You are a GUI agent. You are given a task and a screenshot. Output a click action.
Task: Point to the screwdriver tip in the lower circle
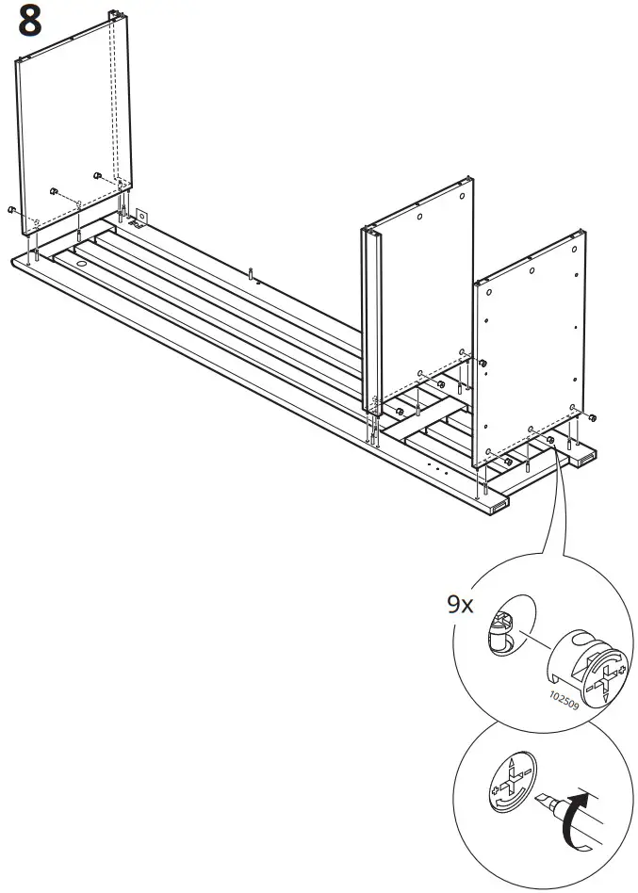click(544, 803)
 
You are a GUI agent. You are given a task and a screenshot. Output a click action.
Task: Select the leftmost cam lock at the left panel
click(10, 209)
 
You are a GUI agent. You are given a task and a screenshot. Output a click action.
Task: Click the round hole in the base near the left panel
click(80, 265)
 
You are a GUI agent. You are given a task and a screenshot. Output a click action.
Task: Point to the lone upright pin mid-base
click(252, 274)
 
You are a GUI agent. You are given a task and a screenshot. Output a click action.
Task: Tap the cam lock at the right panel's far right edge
click(592, 416)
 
